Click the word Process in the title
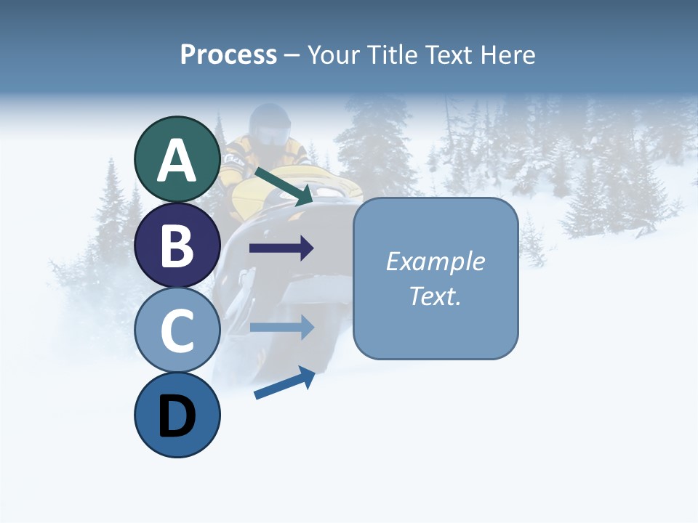click(228, 54)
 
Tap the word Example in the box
click(436, 261)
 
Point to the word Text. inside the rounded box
click(436, 296)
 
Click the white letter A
click(177, 161)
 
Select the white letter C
click(177, 331)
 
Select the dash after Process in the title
click(292, 56)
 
